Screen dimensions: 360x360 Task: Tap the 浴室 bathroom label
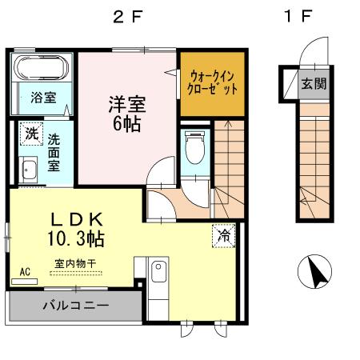tap(43, 98)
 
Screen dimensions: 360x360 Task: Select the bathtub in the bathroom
tap(43, 71)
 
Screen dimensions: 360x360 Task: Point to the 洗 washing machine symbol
tap(31, 133)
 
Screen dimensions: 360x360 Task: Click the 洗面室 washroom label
tap(54, 151)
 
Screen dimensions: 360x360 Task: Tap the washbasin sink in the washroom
tap(29, 171)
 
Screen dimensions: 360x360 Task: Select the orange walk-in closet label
tap(210, 83)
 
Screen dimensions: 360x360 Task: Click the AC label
tap(25, 272)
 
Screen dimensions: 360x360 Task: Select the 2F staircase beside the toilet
tap(227, 164)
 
